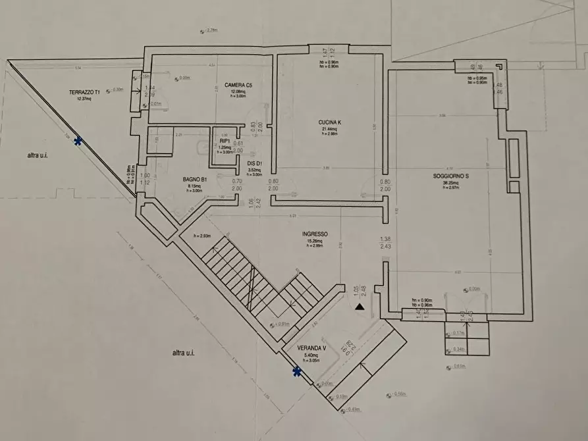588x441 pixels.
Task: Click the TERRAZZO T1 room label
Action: pyautogui.click(x=84, y=92)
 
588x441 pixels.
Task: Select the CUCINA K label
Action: pyautogui.click(x=331, y=122)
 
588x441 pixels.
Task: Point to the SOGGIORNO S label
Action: pyautogui.click(x=451, y=176)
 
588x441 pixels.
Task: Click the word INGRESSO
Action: pyautogui.click(x=315, y=234)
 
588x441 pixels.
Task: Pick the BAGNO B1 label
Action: pyautogui.click(x=195, y=178)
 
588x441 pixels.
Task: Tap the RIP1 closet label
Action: pyautogui.click(x=225, y=141)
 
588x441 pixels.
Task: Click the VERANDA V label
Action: pyautogui.click(x=310, y=348)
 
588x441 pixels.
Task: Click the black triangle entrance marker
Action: pyautogui.click(x=359, y=307)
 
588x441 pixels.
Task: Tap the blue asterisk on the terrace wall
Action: pyautogui.click(x=78, y=141)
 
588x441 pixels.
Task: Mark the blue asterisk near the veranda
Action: pyautogui.click(x=297, y=373)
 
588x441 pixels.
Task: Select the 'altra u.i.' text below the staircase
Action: pyautogui.click(x=183, y=353)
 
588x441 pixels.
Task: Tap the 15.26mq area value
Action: pyautogui.click(x=314, y=241)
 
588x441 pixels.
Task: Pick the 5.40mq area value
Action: pyautogui.click(x=310, y=355)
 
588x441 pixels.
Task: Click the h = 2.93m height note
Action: pyautogui.click(x=201, y=236)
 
